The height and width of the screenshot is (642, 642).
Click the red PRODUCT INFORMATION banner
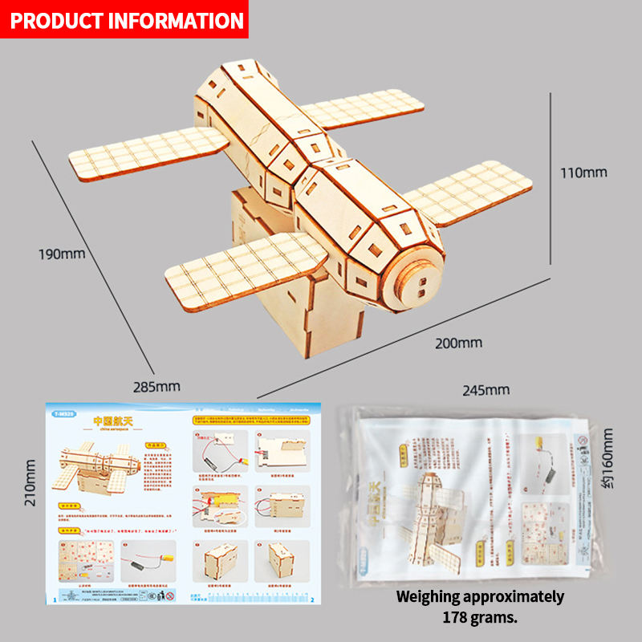(125, 19)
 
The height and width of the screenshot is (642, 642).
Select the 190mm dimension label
(62, 254)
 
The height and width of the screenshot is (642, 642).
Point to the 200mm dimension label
(458, 343)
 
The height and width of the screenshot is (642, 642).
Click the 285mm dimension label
(157, 386)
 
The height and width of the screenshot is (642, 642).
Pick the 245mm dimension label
(486, 390)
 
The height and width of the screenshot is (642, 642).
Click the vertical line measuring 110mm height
(550, 177)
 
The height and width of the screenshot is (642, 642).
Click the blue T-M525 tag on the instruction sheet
(64, 415)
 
